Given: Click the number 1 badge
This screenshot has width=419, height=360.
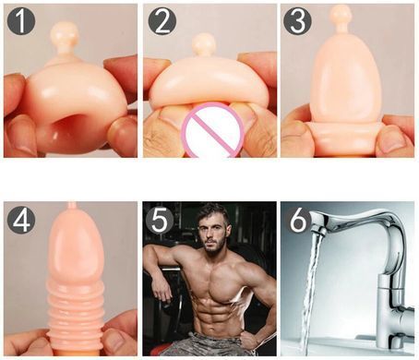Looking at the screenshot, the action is pos(21,21).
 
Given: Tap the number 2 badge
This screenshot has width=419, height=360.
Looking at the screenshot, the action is pos(162,21).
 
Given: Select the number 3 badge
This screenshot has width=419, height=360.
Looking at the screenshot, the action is pos(297,21).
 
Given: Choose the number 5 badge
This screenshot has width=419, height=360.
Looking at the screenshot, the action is pos(160,220).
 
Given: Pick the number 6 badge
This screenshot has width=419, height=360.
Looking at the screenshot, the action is pos(298,220).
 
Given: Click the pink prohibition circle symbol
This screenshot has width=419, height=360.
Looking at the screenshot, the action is pos(213,130).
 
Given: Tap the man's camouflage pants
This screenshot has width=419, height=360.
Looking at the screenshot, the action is pos(212,344).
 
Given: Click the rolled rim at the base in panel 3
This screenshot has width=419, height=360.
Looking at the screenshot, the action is pos(345,131).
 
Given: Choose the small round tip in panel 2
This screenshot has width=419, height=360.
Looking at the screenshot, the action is pos(204,44).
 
